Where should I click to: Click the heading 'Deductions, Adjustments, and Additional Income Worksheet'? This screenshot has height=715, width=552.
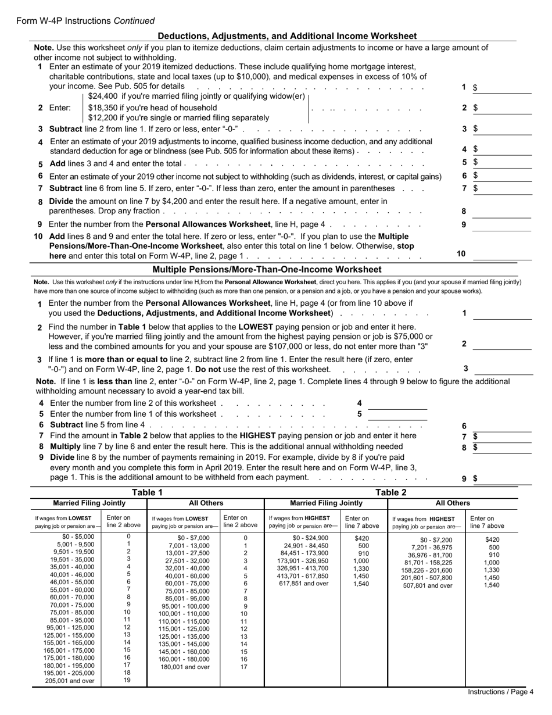[x=287, y=35]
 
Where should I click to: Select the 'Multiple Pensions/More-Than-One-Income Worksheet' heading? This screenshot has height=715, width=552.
[x=267, y=269]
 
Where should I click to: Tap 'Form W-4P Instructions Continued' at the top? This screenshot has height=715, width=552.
[x=85, y=21]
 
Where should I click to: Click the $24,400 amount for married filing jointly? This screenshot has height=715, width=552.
[x=104, y=96]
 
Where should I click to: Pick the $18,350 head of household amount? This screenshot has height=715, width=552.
[x=104, y=108]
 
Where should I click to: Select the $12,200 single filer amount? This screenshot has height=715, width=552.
[x=104, y=117]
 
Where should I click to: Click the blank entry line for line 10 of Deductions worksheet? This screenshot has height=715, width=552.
[x=502, y=253]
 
